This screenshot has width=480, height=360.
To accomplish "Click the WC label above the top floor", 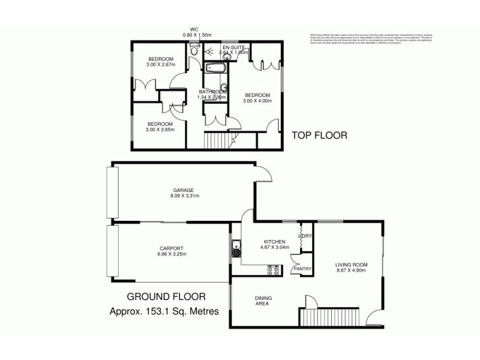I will pos(194,29).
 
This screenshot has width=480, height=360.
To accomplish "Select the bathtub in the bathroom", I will pos(215,67).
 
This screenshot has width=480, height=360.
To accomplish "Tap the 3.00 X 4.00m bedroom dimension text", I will pos(257,101).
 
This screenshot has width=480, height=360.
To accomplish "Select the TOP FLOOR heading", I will pos(319,136).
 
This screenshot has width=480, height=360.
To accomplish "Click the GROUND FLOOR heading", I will pos(166,296).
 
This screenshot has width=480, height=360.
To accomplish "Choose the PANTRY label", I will pos(302,269).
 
